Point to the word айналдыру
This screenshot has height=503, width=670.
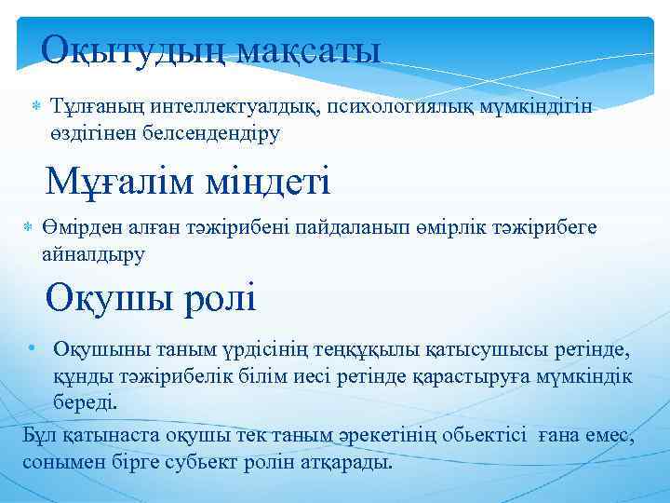point(94,252)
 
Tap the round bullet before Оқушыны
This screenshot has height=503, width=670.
point(31,348)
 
